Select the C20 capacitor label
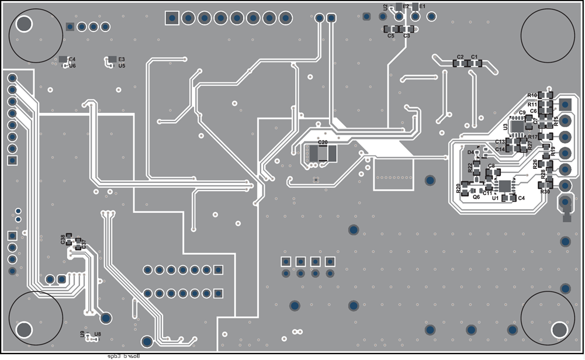click(x=323, y=142)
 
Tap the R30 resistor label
click(x=545, y=192)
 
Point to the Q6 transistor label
click(x=476, y=197)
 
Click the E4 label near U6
click(x=72, y=59)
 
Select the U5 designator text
click(x=122, y=66)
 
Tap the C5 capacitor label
click(x=391, y=36)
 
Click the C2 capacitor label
click(x=461, y=57)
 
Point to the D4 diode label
click(x=470, y=152)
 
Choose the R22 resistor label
click(x=470, y=167)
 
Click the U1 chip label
click(x=495, y=199)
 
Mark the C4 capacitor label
click(x=521, y=198)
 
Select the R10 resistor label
click(x=532, y=95)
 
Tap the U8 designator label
click(x=98, y=334)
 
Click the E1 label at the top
click(x=423, y=6)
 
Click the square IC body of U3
click(x=517, y=125)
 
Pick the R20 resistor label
click(x=459, y=188)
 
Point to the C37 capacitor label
click(x=84, y=243)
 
